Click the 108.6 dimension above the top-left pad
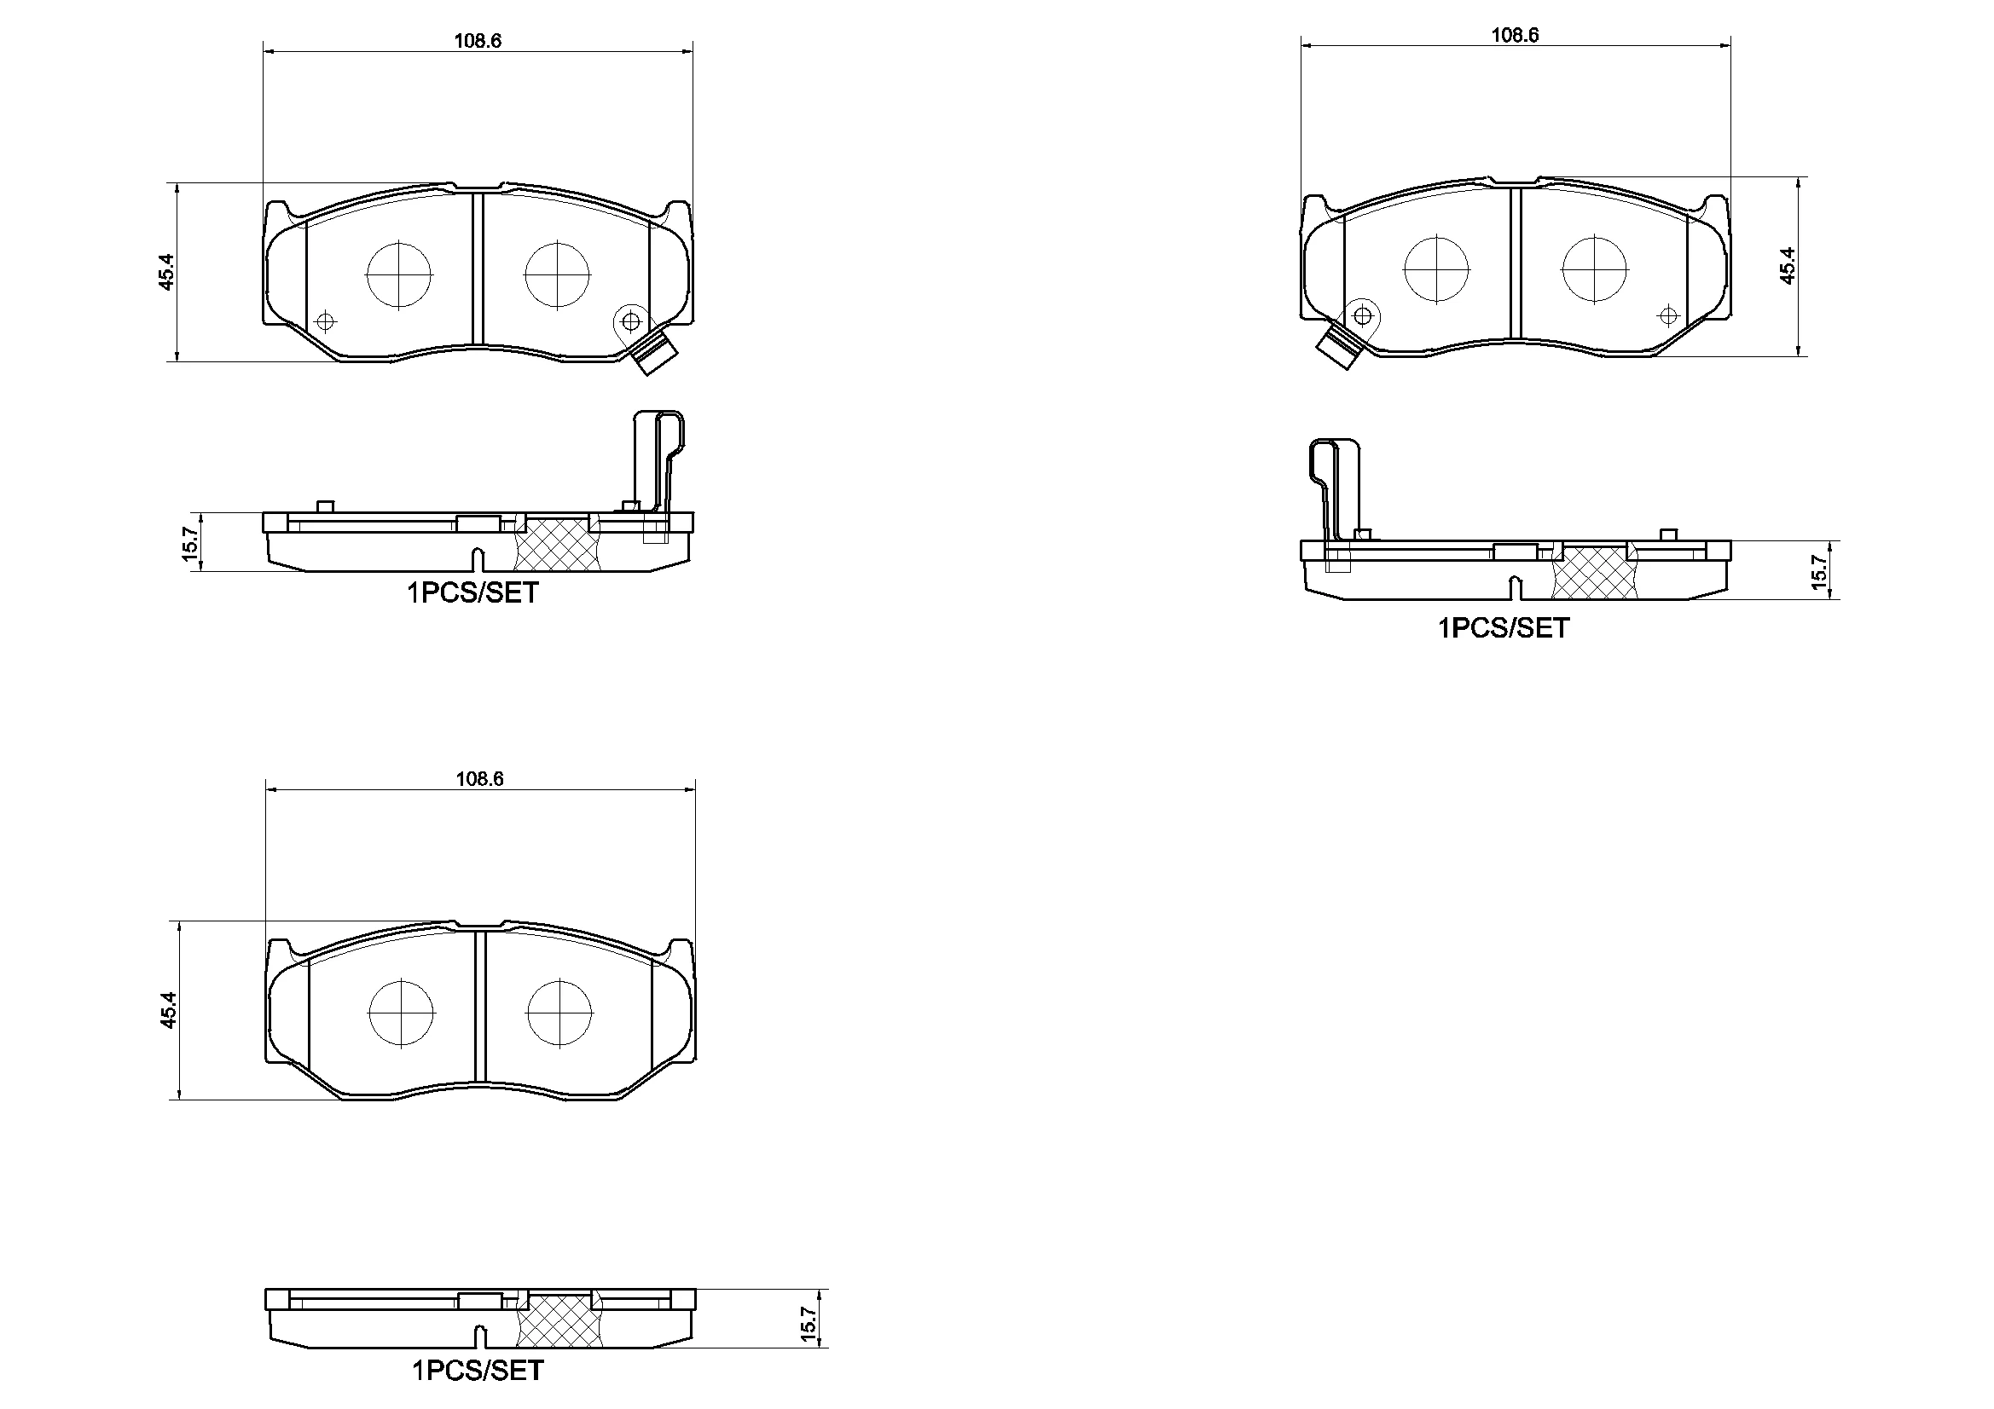[478, 41]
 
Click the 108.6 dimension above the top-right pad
[1515, 35]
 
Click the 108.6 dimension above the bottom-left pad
[479, 779]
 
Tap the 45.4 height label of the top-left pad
[167, 271]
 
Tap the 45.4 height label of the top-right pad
[1788, 266]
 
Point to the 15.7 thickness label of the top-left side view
[191, 544]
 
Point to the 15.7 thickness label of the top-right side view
[1819, 571]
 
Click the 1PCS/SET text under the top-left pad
[473, 593]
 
